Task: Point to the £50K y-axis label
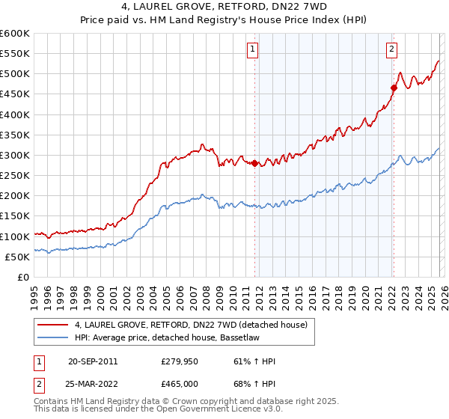click(17, 257)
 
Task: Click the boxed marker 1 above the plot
click(253, 50)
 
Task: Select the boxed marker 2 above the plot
click(391, 50)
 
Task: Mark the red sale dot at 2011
click(254, 163)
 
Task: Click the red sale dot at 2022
click(394, 88)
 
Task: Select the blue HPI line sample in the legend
click(53, 338)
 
